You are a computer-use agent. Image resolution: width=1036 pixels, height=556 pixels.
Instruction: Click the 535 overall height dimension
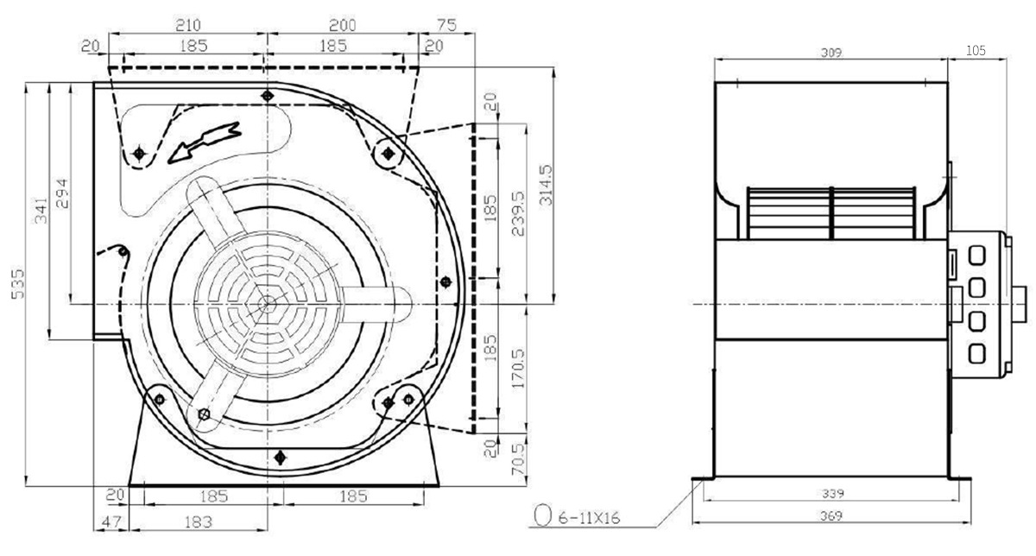[17, 283]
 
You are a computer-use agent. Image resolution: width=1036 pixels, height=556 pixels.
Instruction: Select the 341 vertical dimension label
[41, 211]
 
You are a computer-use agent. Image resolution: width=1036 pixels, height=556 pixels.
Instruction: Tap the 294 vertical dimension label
[61, 193]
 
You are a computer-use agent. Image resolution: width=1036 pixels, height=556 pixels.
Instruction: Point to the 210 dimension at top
[188, 24]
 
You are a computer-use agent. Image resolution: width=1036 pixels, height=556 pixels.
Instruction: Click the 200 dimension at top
[342, 24]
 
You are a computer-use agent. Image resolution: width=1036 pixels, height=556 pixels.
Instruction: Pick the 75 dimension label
[447, 24]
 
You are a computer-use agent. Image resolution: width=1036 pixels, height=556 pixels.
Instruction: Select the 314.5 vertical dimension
[546, 185]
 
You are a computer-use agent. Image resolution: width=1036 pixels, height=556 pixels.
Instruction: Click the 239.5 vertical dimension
[519, 214]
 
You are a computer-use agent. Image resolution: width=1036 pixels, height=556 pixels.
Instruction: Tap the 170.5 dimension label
[519, 368]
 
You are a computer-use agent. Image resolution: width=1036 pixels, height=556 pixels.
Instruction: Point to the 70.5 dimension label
[519, 458]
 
